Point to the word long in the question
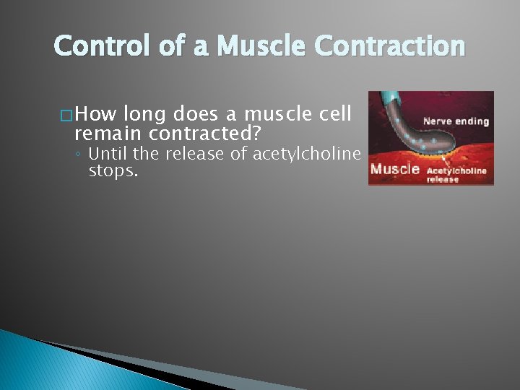tap(144, 113)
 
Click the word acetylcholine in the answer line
tap(306, 153)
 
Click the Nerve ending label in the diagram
tap(456, 121)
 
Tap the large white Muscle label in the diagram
tap(395, 169)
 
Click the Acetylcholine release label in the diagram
tap(456, 174)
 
